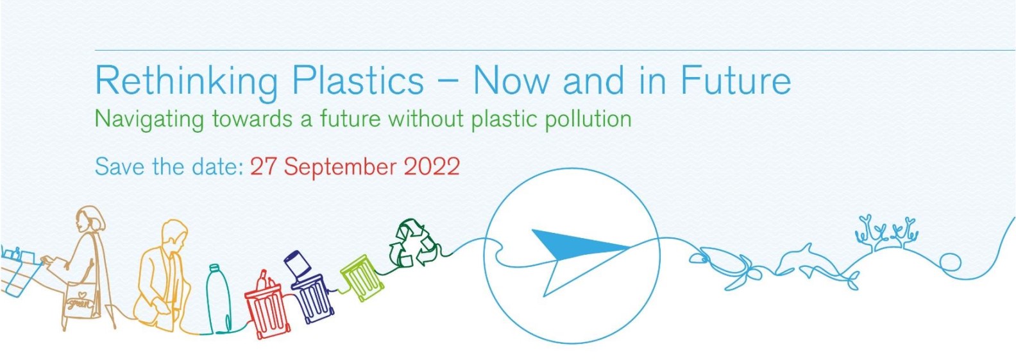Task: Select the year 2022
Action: click(x=432, y=167)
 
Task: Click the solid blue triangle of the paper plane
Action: click(x=576, y=246)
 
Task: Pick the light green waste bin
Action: click(x=362, y=277)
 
